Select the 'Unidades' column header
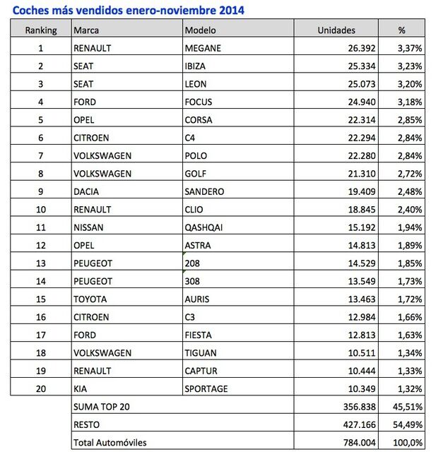pyautogui.click(x=336, y=30)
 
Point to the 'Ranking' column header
pyautogui.click(x=40, y=30)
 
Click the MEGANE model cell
pyautogui.click(x=203, y=48)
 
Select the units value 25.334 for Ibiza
pyautogui.click(x=358, y=66)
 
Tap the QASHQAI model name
pyautogui.click(x=207, y=227)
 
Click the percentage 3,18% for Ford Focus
pyautogui.click(x=411, y=102)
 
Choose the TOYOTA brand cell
pyautogui.click(x=90, y=299)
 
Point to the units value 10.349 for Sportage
pyautogui.click(x=358, y=388)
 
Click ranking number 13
pyautogui.click(x=40, y=263)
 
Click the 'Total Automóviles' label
pyautogui.click(x=110, y=443)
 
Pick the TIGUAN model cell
pyautogui.click(x=201, y=352)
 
